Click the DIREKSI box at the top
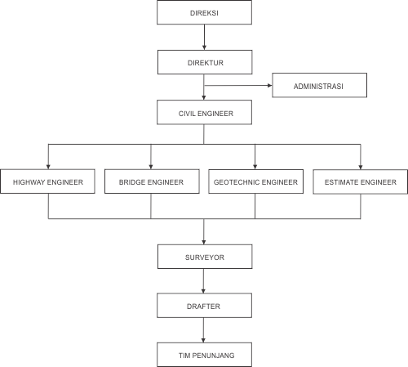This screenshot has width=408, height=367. pyautogui.click(x=204, y=14)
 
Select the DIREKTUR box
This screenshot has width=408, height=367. pyautogui.click(x=204, y=62)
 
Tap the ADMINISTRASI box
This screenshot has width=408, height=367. pyautogui.click(x=320, y=85)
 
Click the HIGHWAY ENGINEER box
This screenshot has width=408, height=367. pyautogui.click(x=48, y=181)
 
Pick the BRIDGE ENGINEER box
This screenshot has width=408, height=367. pyautogui.click(x=152, y=181)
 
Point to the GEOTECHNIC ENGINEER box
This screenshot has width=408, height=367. pyautogui.click(x=255, y=181)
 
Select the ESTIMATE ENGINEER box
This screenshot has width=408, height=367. pyautogui.click(x=360, y=181)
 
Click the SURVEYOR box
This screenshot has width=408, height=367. pyautogui.click(x=204, y=257)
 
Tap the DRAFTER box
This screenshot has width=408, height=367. pyautogui.click(x=204, y=306)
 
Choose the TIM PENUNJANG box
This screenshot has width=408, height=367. pyautogui.click(x=204, y=354)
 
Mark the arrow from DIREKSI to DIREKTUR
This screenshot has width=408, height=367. pyautogui.click(x=204, y=38)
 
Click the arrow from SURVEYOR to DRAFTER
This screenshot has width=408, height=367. pyautogui.click(x=204, y=281)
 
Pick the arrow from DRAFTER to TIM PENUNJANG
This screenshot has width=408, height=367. pyautogui.click(x=204, y=330)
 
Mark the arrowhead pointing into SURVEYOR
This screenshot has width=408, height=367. pyautogui.click(x=204, y=240)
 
